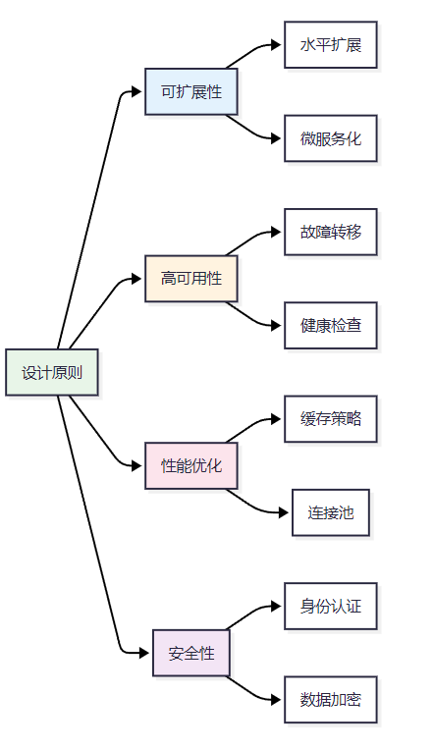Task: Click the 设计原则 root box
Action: (x=52, y=373)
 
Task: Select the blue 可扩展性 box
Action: (x=191, y=91)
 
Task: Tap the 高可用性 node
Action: (x=191, y=279)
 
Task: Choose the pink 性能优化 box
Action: (x=191, y=466)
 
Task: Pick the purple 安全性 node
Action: (x=191, y=653)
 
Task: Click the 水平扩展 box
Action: (x=331, y=45)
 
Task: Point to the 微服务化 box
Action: (x=331, y=138)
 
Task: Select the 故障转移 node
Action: (x=331, y=232)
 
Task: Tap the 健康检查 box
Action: (x=331, y=325)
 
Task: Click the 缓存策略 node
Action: (x=331, y=419)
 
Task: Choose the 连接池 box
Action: (x=331, y=512)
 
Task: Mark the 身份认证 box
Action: (x=331, y=607)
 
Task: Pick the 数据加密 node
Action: (x=331, y=700)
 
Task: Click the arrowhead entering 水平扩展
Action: (x=276, y=45)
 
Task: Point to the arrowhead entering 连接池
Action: (x=284, y=512)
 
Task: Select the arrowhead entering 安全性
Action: (x=144, y=653)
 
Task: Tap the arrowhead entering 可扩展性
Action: (x=136, y=91)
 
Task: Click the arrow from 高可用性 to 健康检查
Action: (x=251, y=318)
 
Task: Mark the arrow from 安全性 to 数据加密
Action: (x=251, y=692)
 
